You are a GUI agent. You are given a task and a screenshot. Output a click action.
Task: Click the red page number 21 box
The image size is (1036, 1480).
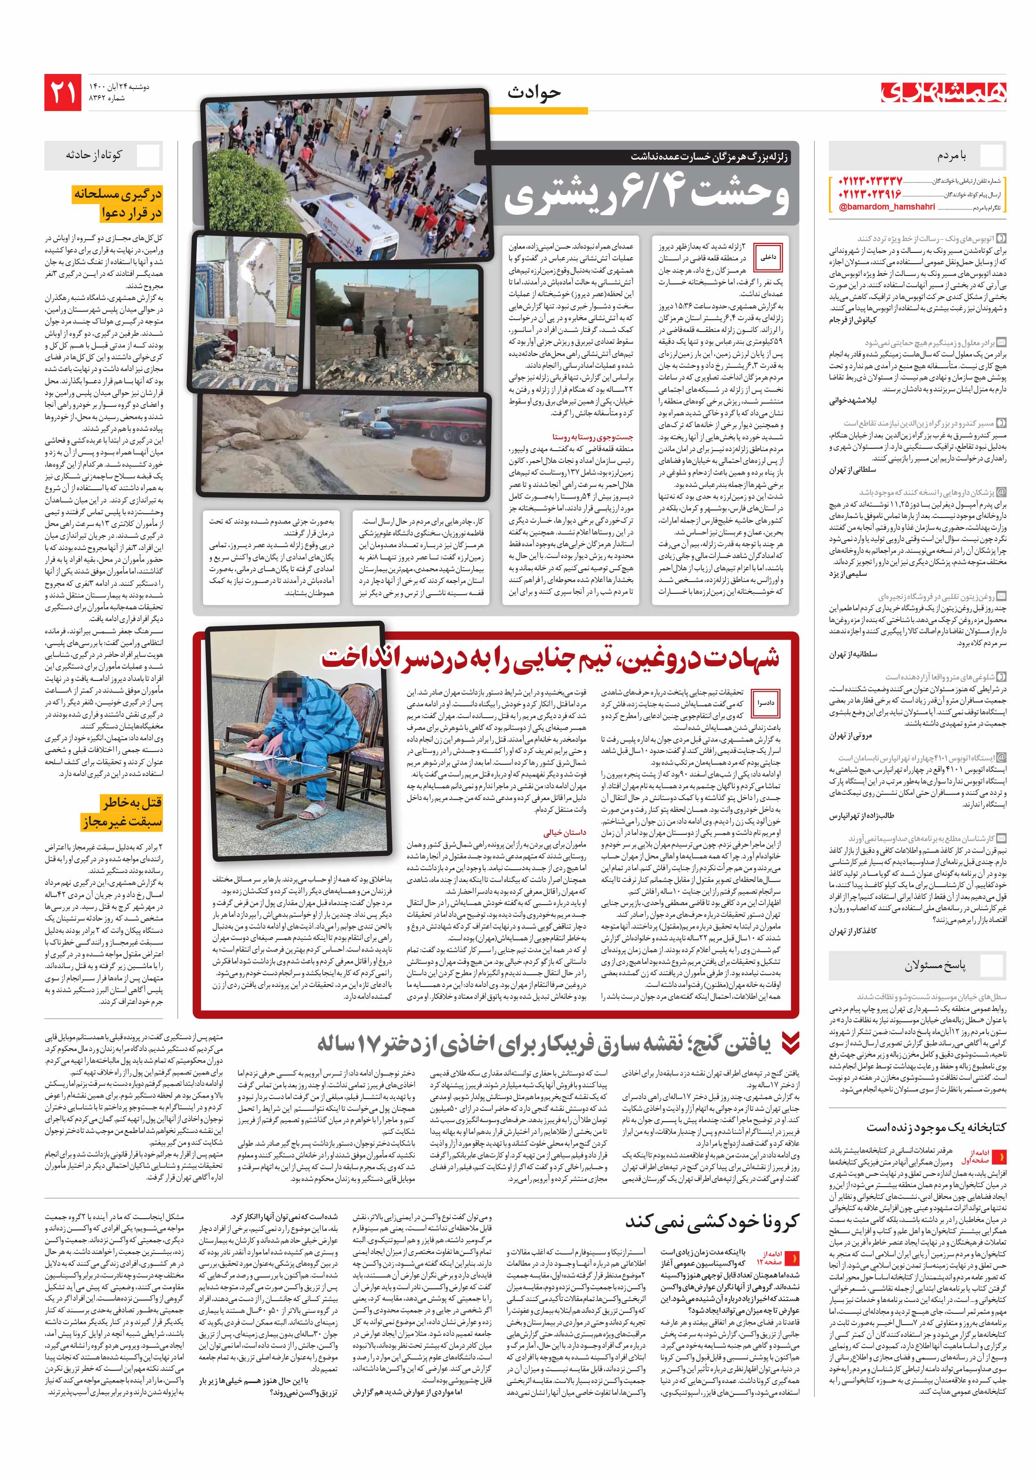pos(63,92)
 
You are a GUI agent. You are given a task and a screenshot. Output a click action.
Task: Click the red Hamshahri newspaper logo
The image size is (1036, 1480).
pos(944,93)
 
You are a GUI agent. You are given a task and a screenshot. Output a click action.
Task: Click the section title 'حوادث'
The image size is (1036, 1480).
pos(533,93)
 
